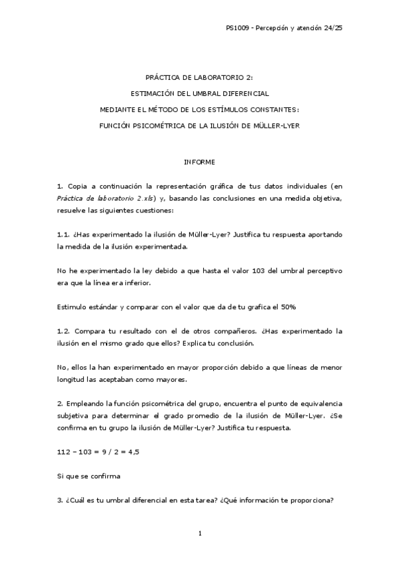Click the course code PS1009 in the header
point(236,28)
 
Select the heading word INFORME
point(199,162)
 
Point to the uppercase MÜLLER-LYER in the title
point(277,125)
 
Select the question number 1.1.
point(64,234)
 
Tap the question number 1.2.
point(64,330)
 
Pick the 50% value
point(296,306)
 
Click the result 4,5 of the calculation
point(133,452)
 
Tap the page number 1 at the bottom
point(199,533)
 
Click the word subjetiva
point(73,415)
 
